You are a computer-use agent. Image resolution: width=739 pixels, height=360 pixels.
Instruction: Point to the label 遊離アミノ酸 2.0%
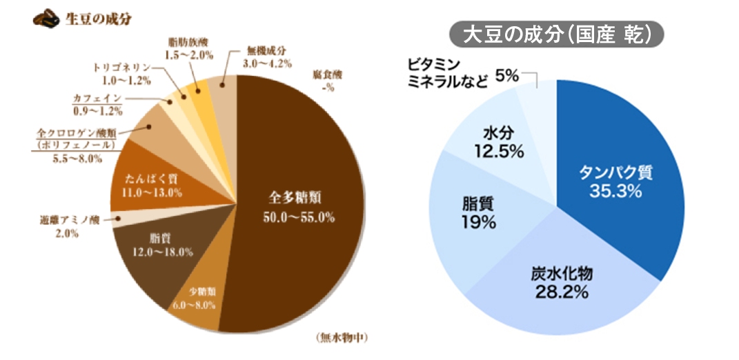pos(70,227)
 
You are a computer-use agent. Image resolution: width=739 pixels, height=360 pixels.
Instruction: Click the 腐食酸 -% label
pos(324,79)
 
